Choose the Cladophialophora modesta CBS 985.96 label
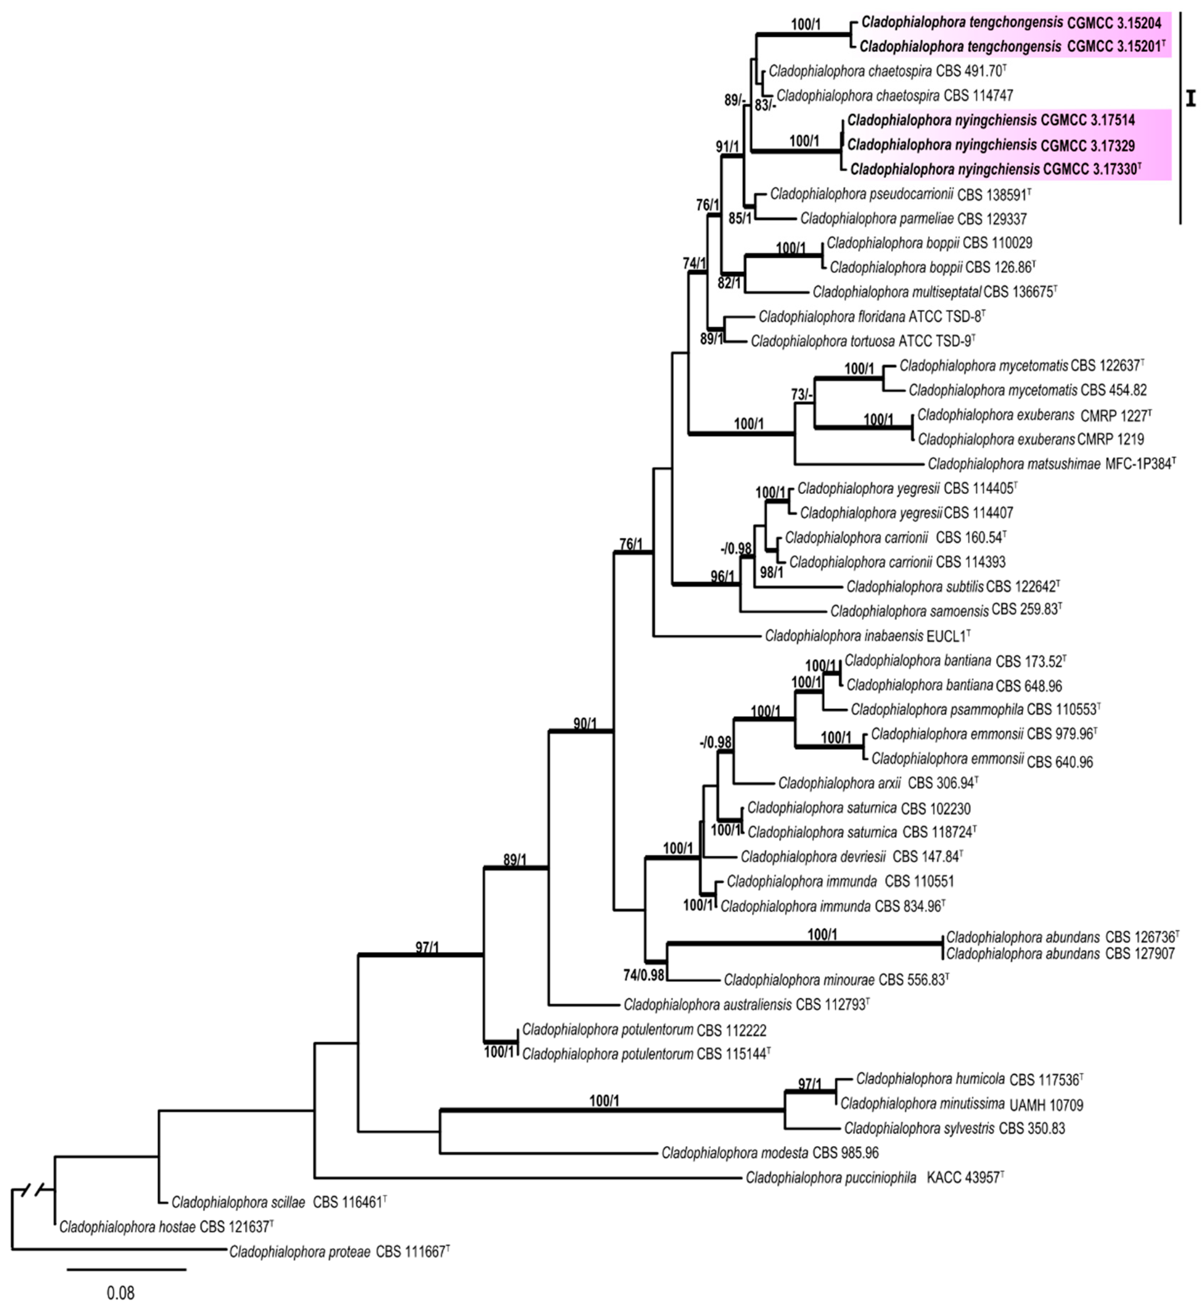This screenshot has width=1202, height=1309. point(769,1152)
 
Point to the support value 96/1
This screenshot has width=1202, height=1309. point(722,576)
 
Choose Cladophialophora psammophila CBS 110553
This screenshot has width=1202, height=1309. point(975,709)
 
